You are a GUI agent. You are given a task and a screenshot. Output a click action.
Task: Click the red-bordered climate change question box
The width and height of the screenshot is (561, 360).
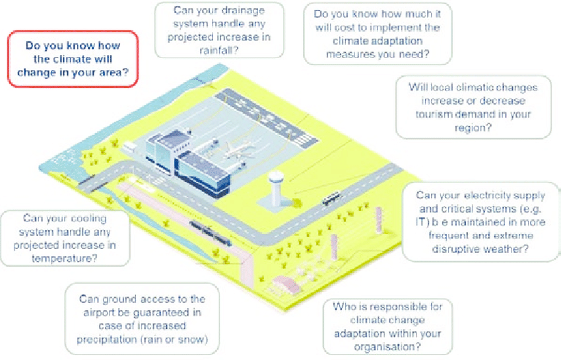(x=73, y=59)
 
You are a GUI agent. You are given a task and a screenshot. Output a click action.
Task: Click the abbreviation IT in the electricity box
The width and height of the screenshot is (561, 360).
(x=422, y=222)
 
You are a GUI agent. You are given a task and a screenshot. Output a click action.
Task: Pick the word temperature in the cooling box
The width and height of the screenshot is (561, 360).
(x=65, y=259)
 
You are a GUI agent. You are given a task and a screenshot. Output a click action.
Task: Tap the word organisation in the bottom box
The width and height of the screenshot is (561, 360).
(x=387, y=347)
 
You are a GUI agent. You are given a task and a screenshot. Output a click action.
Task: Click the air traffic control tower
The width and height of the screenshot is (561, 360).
(x=276, y=189)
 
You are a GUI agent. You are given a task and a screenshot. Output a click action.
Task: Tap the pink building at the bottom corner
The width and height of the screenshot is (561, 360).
(x=286, y=284)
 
